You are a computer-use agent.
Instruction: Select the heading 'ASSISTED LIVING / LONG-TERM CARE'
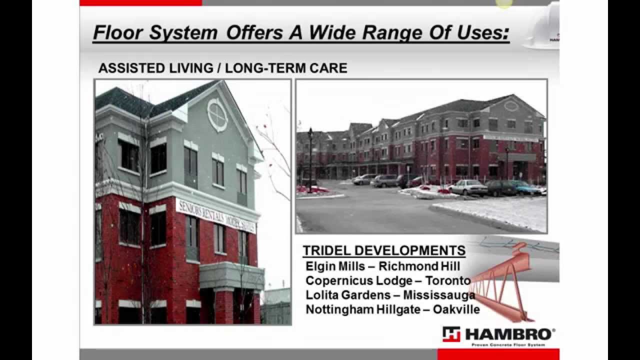tap(222, 68)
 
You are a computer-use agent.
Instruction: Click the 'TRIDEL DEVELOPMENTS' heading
tap(384, 250)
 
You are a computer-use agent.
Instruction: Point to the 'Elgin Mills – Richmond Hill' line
tap(382, 266)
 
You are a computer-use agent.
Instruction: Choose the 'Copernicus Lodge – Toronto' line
tap(388, 280)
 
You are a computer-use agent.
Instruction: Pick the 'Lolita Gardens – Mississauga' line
tap(390, 295)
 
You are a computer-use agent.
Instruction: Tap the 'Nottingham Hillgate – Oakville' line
tap(392, 309)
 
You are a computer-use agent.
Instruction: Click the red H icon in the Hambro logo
tap(451, 334)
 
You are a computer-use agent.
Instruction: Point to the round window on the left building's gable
tap(217, 115)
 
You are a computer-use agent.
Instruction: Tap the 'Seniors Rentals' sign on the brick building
tap(215, 215)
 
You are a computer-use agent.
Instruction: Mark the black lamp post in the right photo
tap(310, 159)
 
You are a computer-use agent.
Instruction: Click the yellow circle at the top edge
tap(504, 3)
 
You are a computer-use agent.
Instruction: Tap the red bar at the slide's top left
tap(140, 2)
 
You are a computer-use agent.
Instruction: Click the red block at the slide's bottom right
tap(498, 354)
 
